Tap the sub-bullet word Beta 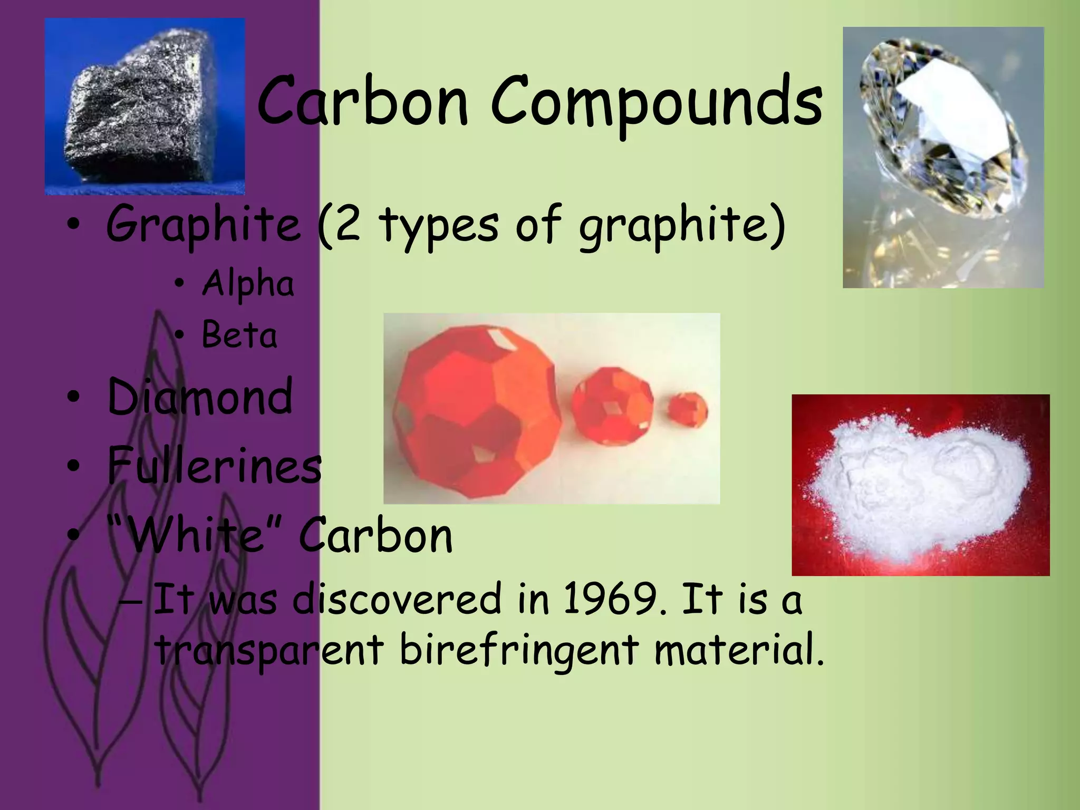click(x=239, y=335)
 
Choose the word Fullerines click(x=214, y=465)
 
